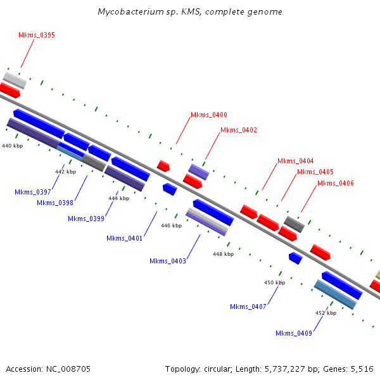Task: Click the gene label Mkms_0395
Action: pyautogui.click(x=37, y=35)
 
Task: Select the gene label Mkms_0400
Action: pyautogui.click(x=209, y=115)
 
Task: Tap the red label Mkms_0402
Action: pyautogui.click(x=239, y=130)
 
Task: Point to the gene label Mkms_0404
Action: pyautogui.click(x=295, y=161)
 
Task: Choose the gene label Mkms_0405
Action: pyautogui.click(x=315, y=172)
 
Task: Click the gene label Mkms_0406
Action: pyautogui.click(x=336, y=184)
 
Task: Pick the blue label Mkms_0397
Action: pyautogui.click(x=33, y=192)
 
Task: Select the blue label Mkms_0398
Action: pyautogui.click(x=55, y=203)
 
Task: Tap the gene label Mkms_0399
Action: pyautogui.click(x=86, y=219)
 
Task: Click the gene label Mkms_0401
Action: pyautogui.click(x=125, y=239)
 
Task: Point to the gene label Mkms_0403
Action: pyautogui.click(x=168, y=262)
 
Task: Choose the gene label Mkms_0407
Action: pyautogui.click(x=248, y=307)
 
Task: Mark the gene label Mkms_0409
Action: pyautogui.click(x=294, y=333)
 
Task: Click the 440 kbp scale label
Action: pyautogui.click(x=13, y=146)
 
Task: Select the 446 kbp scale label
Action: pyautogui.click(x=171, y=225)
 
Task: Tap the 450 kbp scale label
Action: pyautogui.click(x=274, y=283)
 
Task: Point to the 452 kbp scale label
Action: pyautogui.click(x=326, y=313)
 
